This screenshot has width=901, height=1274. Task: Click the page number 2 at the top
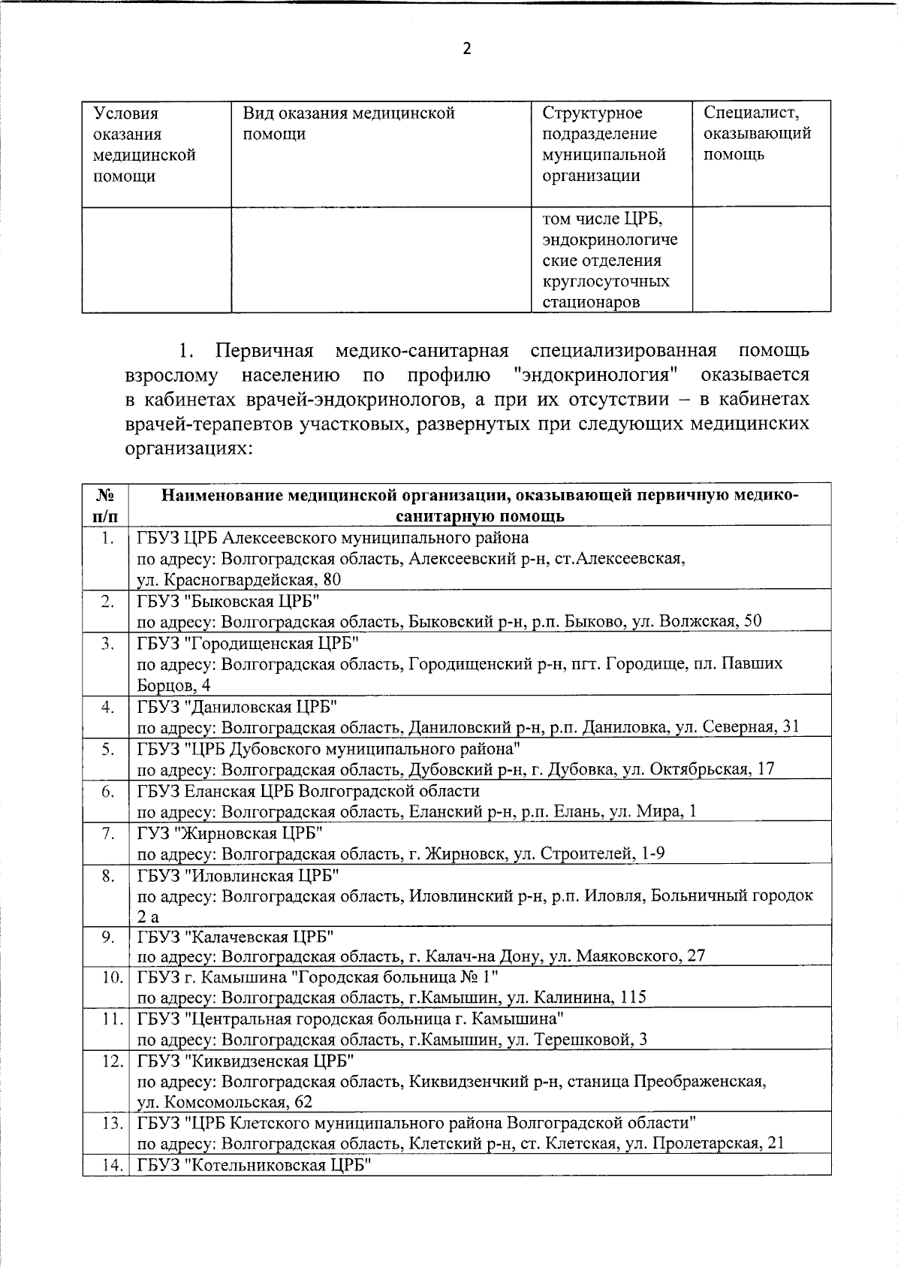point(466,50)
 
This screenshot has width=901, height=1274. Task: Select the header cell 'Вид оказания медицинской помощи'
point(348,124)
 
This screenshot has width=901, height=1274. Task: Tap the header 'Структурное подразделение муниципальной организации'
point(604,144)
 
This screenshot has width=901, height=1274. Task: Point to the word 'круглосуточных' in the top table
point(605,282)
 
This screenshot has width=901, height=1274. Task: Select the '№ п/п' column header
point(106,506)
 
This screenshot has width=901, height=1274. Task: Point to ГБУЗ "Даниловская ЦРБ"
point(237,707)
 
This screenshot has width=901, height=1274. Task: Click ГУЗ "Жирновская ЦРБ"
point(231,833)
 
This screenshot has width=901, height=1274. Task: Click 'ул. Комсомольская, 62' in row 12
point(224,1102)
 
